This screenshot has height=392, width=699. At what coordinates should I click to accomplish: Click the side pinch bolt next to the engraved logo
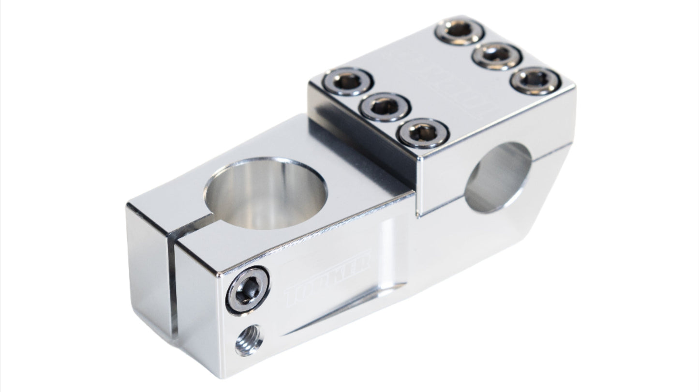point(248,290)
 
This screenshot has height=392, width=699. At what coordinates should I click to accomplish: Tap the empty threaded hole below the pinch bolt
point(249,340)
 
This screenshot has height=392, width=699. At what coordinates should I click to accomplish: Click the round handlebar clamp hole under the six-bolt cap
point(498,177)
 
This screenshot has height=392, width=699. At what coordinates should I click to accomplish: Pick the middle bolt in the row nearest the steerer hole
point(385,107)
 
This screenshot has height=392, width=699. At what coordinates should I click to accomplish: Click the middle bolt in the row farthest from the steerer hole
point(497,56)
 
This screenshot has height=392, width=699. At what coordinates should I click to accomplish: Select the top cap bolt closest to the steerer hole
point(348,81)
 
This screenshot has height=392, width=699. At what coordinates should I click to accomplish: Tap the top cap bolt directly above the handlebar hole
point(423,133)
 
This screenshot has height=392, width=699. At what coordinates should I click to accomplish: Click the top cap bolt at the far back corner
point(459,30)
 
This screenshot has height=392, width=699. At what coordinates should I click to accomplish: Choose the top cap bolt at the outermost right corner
point(535,80)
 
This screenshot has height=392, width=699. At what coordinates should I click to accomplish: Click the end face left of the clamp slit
point(148,271)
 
